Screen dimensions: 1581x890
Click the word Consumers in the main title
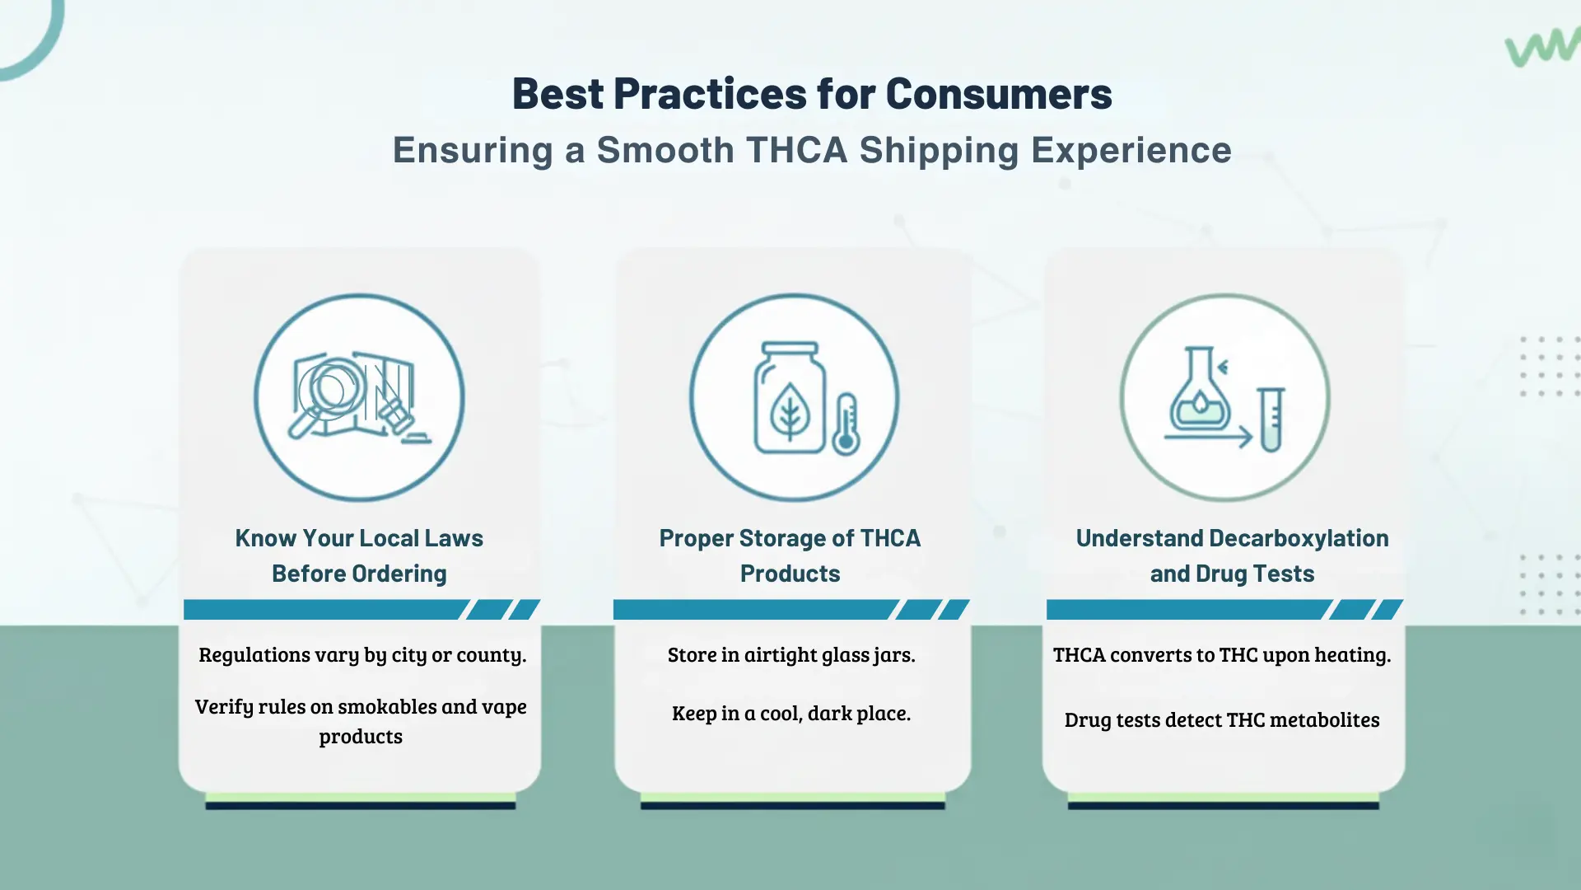click(999, 93)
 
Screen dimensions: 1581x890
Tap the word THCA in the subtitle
click(796, 150)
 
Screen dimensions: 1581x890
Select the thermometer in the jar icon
click(846, 424)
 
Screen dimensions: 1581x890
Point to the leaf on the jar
click(790, 411)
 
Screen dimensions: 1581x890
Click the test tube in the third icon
click(1271, 419)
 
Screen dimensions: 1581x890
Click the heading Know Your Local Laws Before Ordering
click(359, 555)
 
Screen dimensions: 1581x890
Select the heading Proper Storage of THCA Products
click(790, 555)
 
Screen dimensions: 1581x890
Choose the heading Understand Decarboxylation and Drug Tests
click(1232, 555)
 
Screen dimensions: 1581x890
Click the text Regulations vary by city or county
click(362, 655)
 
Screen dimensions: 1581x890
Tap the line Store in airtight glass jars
click(791, 655)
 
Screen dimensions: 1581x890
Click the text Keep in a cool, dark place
click(791, 713)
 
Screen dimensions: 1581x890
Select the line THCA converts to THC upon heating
click(1222, 655)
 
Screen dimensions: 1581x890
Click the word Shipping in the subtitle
click(940, 151)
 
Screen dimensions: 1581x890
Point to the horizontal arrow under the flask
click(1208, 437)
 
